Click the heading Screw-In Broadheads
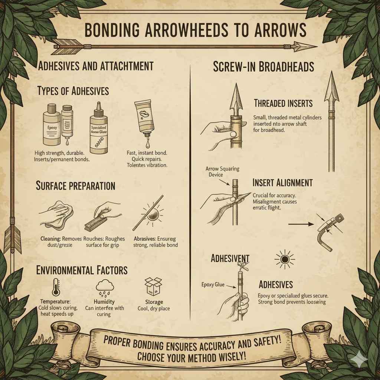point(263,67)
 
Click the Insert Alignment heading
point(282,183)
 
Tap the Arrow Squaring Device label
point(222,171)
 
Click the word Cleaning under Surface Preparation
point(50,239)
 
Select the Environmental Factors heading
point(82,270)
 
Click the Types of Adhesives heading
point(73,91)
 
